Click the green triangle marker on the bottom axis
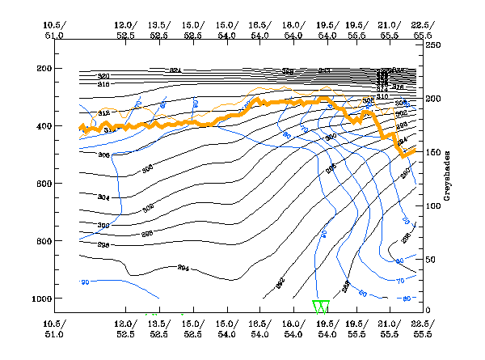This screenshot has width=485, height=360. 321,307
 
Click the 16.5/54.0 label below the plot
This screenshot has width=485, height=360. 259,329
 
